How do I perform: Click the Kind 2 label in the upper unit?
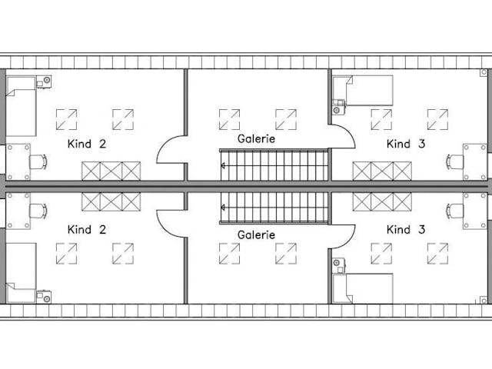pos(87,144)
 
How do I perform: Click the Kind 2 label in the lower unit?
pos(87,229)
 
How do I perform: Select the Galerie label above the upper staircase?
pos(257,139)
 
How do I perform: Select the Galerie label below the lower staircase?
pos(257,234)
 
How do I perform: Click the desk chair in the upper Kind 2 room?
pos(36,161)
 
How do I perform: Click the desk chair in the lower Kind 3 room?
pos(456,211)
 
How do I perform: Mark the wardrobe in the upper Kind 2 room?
pos(111,171)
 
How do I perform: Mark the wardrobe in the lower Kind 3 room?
pos(382,201)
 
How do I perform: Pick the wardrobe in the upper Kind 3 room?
pos(382,171)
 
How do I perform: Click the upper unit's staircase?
pos(275,165)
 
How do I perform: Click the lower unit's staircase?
pos(275,208)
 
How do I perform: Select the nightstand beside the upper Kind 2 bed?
pos(45,80)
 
